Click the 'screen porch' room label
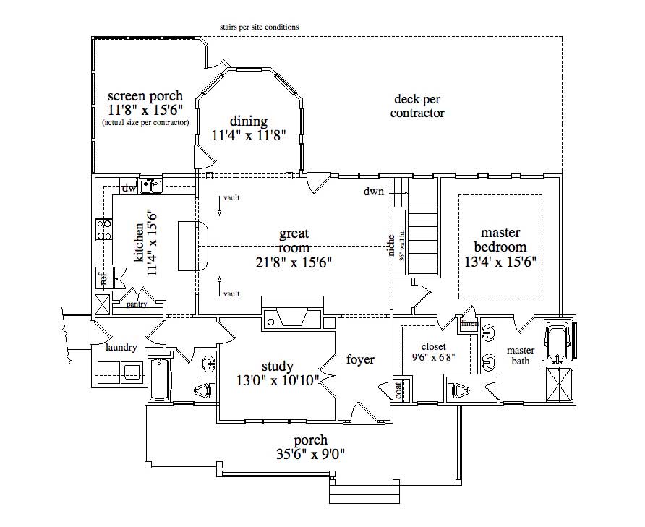tap(145, 95)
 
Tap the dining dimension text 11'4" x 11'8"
tap(249, 134)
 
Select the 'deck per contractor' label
tap(417, 106)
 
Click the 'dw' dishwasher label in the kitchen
tap(129, 189)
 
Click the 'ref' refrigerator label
tap(103, 278)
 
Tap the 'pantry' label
tap(137, 304)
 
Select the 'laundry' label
tap(121, 348)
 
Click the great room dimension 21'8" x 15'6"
tap(294, 262)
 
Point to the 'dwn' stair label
tap(374, 192)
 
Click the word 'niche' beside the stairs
tap(391, 246)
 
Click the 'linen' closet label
tap(469, 323)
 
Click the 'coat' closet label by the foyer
tap(399, 390)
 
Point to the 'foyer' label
tap(360, 359)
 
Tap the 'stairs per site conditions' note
tap(260, 27)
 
